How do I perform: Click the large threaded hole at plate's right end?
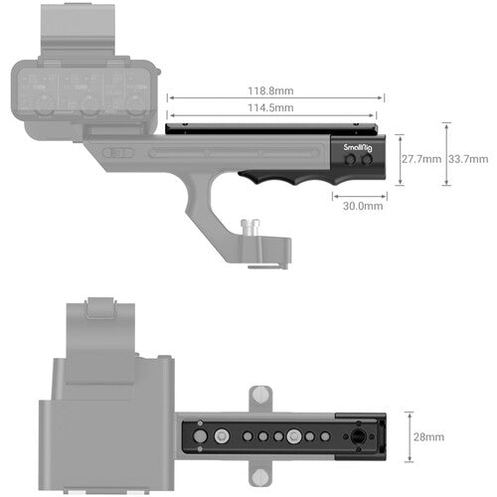click(357, 436)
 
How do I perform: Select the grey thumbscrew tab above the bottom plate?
click(260, 395)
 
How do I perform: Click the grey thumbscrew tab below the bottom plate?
click(260, 477)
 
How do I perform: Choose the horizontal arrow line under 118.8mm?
click(275, 97)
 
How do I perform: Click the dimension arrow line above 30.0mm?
click(360, 194)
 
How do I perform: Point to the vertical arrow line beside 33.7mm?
click(446, 156)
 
